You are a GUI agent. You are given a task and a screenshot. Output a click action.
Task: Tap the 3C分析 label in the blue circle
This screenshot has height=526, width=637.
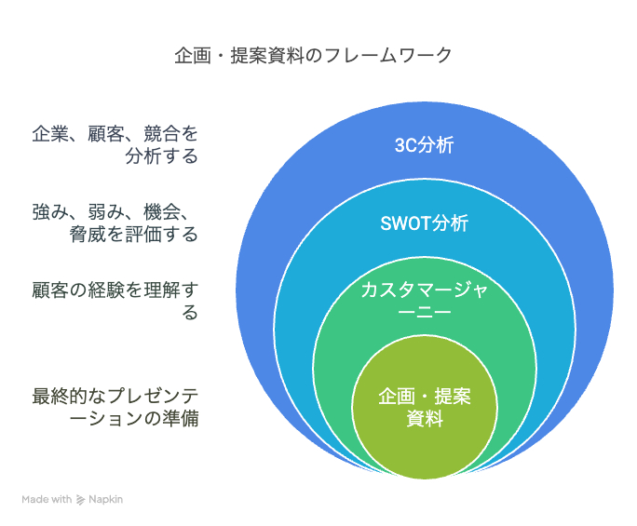coord(424,145)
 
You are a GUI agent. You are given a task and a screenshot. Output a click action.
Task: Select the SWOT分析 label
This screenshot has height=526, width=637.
coord(424,223)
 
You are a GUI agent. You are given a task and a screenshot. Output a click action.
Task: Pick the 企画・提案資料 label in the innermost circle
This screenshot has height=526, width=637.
coord(424,407)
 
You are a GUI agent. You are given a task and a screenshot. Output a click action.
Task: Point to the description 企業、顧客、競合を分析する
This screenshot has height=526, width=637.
coord(115,144)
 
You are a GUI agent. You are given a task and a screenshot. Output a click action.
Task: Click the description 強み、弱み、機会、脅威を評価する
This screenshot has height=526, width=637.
coord(115,223)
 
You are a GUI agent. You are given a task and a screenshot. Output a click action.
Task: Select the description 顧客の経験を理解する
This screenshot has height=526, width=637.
coord(115,301)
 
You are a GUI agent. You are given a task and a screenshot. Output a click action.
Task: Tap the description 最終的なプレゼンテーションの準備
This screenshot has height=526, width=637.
coord(115,407)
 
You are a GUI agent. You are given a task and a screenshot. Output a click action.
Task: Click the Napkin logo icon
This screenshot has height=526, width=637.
coord(81,499)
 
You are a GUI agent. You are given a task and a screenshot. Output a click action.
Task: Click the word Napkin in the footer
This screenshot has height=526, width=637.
coord(105,499)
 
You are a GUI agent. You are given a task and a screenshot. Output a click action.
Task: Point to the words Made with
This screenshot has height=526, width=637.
coord(47,499)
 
